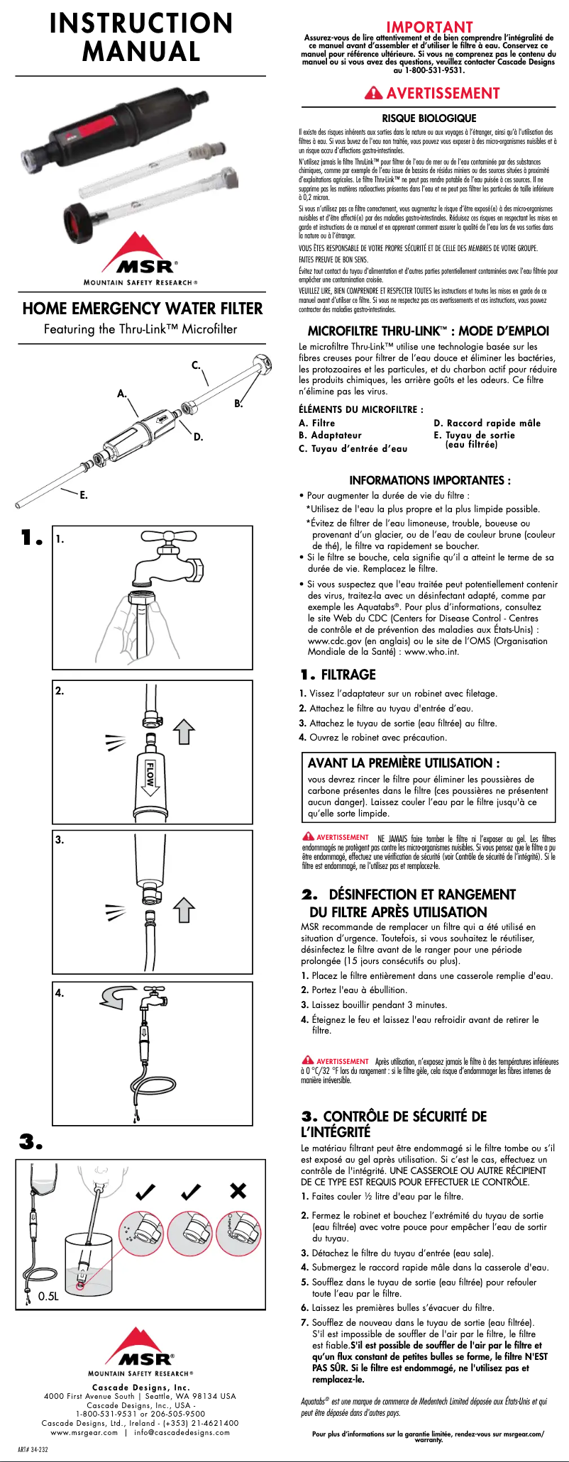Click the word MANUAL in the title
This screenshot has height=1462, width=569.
(x=141, y=52)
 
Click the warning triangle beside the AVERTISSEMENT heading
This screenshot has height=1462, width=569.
(x=373, y=93)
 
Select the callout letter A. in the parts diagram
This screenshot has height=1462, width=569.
(x=122, y=393)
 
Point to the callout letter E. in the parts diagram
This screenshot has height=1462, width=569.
(x=84, y=495)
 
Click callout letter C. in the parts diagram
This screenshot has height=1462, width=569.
(x=196, y=365)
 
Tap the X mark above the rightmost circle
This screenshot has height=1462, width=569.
(x=238, y=1190)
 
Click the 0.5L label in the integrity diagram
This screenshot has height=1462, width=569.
(x=48, y=1296)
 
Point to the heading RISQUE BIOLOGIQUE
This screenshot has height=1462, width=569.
(x=429, y=118)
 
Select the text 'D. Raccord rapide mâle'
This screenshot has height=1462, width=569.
(x=487, y=423)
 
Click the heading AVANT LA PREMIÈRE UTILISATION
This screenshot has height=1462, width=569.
(x=404, y=763)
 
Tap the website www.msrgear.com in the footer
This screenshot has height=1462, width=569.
(x=84, y=1432)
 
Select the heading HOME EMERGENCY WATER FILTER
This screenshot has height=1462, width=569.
(x=142, y=309)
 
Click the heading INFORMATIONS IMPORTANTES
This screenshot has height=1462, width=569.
(x=429, y=480)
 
